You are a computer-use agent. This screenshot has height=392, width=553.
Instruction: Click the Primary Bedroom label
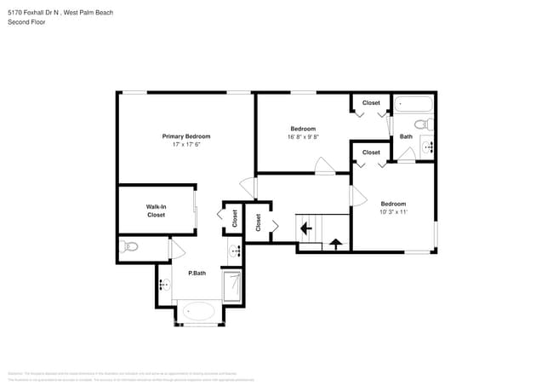point(186,136)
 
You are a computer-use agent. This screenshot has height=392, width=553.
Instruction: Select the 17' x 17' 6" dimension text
point(186,145)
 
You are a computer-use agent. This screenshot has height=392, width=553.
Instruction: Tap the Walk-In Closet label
point(156,210)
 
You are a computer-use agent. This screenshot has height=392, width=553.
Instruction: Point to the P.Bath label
point(197,273)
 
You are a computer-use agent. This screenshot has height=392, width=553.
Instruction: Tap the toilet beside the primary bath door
point(128,247)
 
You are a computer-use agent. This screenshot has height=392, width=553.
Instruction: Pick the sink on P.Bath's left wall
point(162,285)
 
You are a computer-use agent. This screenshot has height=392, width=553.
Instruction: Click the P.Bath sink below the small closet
point(235,252)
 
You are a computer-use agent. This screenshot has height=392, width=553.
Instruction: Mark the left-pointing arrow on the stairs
point(305,229)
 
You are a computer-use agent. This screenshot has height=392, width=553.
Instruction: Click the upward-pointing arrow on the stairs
point(334,245)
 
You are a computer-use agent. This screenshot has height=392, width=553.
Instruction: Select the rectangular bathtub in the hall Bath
point(413,108)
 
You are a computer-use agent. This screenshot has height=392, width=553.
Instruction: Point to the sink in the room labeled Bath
point(428,147)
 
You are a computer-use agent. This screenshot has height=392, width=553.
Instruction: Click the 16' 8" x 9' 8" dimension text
point(303,136)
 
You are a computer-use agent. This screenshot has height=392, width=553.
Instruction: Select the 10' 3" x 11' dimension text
point(393,212)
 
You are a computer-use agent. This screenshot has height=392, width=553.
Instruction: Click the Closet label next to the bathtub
point(371,103)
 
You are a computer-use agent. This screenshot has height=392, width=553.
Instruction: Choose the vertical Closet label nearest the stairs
point(258,222)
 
